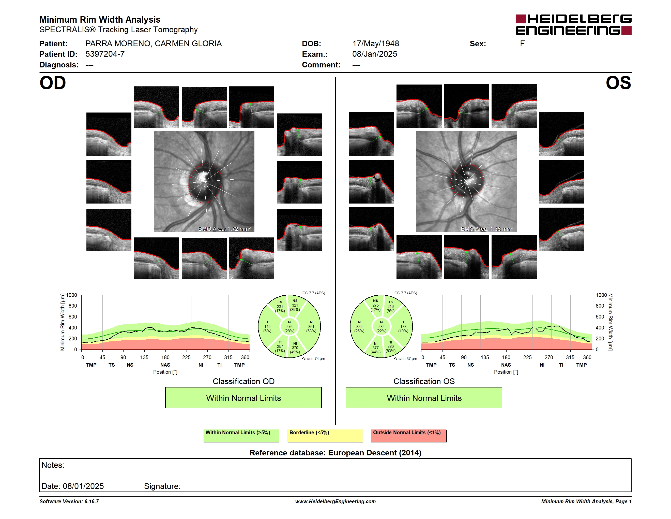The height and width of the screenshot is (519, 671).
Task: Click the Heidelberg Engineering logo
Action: (x=573, y=25)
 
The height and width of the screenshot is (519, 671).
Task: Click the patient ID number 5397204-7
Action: (x=105, y=54)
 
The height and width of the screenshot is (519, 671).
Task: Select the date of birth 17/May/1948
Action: (x=375, y=44)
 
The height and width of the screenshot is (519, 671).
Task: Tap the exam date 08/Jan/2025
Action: (x=375, y=54)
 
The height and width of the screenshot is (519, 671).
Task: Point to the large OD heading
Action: (x=53, y=83)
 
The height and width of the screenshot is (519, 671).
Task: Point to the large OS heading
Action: (x=618, y=83)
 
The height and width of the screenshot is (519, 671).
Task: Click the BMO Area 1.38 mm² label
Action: (x=487, y=229)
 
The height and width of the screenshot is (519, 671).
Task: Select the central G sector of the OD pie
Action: (x=289, y=326)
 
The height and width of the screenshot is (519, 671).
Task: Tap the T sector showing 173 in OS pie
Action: (x=403, y=326)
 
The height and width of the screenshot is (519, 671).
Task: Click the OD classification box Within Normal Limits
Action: (x=243, y=398)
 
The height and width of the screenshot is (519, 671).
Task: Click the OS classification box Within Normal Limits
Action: (x=424, y=398)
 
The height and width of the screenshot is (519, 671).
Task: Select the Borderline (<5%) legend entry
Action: (x=325, y=436)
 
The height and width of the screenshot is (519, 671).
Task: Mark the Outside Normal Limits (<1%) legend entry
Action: (x=409, y=436)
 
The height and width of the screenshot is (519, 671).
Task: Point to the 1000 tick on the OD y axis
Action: (x=72, y=295)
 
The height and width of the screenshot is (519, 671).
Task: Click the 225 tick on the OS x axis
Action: (x=527, y=357)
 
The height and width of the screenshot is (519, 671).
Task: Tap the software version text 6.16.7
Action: (x=91, y=501)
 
